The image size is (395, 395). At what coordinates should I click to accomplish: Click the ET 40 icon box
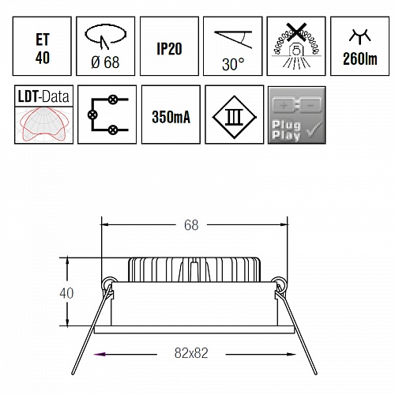[x=42, y=46]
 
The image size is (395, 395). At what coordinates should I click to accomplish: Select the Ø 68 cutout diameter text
[x=105, y=62]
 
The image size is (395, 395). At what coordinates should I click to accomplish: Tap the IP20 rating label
[x=169, y=49]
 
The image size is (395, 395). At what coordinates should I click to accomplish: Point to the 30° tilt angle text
[x=233, y=64]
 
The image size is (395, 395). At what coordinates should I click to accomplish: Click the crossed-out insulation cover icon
[x=296, y=45]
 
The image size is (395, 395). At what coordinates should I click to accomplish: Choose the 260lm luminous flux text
[x=360, y=58]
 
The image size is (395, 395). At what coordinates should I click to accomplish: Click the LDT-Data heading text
[x=43, y=96]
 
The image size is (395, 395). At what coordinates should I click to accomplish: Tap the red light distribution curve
[x=44, y=124]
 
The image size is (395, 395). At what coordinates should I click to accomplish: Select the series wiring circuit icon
[x=107, y=115]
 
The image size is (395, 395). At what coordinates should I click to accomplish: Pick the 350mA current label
[x=171, y=117]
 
